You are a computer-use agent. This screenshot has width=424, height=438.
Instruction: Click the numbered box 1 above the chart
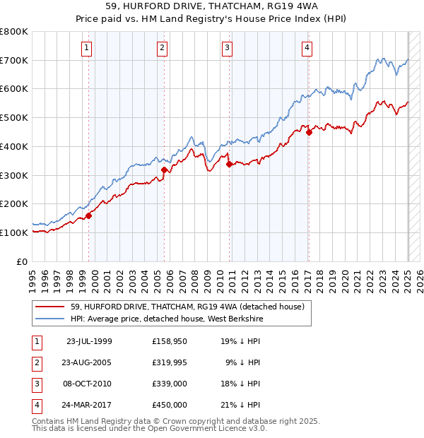(x=86, y=48)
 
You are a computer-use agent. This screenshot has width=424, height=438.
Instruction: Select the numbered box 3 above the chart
(x=228, y=48)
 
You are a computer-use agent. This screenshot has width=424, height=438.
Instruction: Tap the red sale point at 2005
(x=164, y=170)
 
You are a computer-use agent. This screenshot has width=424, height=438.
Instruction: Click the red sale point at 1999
(x=89, y=215)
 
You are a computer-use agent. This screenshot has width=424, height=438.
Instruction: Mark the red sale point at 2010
(x=229, y=164)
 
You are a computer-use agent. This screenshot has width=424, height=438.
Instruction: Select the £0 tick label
(x=22, y=261)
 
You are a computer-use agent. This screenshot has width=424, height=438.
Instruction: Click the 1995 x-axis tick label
(x=32, y=277)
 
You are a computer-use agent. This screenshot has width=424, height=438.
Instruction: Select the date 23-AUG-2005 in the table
(x=88, y=362)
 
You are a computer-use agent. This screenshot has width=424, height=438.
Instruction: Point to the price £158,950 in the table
(x=169, y=341)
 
